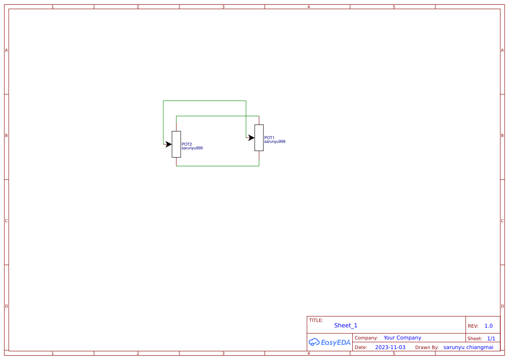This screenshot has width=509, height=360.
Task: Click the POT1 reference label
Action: point(269,138)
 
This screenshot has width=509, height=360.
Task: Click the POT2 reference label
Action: point(187,144)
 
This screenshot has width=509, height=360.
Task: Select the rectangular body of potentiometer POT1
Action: point(259,138)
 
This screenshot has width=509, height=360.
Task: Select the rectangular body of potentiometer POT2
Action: point(176,144)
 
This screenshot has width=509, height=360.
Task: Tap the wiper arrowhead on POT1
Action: point(251,138)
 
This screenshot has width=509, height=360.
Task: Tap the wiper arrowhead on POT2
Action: point(169,144)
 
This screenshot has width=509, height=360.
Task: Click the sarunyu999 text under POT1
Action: point(275,141)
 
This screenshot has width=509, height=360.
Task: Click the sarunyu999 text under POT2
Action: point(192,148)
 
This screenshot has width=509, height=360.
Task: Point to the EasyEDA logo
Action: point(330,342)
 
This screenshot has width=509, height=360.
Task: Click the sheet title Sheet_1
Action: point(346,325)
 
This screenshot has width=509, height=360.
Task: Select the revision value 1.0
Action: point(489,326)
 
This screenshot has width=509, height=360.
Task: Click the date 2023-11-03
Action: point(390,347)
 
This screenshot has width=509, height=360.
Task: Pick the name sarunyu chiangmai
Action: point(469,347)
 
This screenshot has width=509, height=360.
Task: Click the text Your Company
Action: point(402,338)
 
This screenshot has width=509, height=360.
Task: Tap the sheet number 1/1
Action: point(491,339)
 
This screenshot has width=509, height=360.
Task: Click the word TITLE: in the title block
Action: point(316,320)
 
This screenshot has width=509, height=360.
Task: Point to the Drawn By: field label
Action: point(427,347)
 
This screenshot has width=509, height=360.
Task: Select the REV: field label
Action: point(473,326)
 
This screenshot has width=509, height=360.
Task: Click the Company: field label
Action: point(366,338)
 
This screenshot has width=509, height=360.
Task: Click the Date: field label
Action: point(361,347)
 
